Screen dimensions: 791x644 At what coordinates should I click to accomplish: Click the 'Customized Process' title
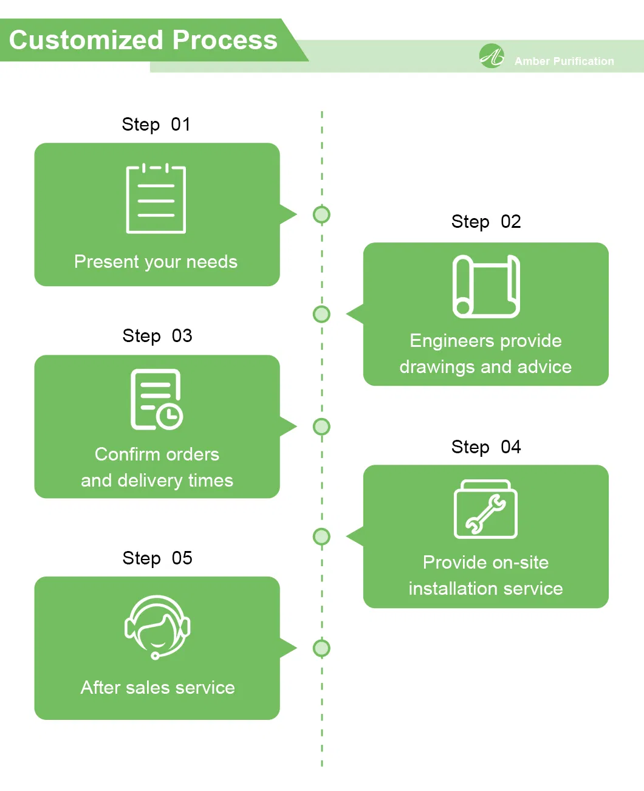pos(143,40)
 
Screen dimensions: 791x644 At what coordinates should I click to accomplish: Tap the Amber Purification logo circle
pos(492,56)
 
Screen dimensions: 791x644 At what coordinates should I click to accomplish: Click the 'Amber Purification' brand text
pos(564,61)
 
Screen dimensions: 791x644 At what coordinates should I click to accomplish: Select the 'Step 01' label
pos(156,125)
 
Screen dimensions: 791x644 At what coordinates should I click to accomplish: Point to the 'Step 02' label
pos(486,222)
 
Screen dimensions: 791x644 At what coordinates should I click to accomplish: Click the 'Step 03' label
pos(157,336)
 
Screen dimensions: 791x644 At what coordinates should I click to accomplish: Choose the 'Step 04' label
pos(486,447)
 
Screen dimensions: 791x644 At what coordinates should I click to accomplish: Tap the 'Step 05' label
pos(157,558)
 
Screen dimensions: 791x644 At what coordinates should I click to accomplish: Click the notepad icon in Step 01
pos(156,199)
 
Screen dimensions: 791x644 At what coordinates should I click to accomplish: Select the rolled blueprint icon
pos(486,286)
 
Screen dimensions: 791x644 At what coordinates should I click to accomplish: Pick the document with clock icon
pos(157,399)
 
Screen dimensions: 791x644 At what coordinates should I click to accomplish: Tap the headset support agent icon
pos(157,626)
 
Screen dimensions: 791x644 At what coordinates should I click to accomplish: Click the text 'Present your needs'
pos(156,262)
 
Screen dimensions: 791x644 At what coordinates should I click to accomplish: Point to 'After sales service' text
pos(157,688)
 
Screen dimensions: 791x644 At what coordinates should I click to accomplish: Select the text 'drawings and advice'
pos(485,367)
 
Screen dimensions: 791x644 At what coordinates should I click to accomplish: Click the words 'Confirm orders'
pos(157,454)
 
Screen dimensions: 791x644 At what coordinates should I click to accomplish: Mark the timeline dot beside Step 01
pos(321,214)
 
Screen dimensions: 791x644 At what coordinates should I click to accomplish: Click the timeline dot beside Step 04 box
pos(321,536)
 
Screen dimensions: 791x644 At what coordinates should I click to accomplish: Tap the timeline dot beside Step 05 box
pos(321,648)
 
